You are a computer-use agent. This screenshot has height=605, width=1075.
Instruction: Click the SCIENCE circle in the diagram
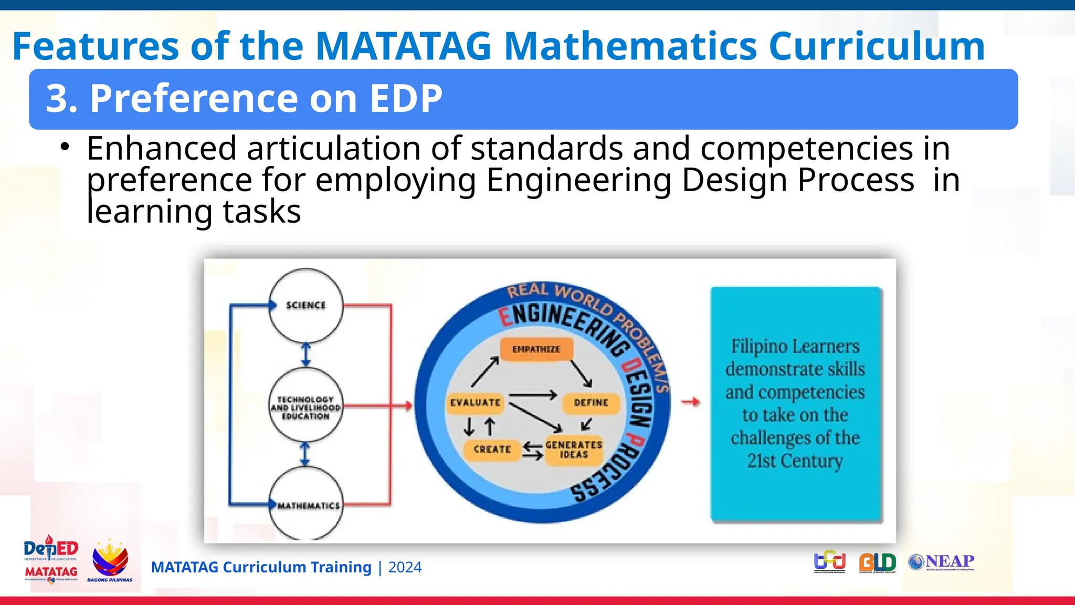(x=305, y=306)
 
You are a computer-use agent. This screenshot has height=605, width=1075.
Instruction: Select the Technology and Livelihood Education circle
(x=305, y=405)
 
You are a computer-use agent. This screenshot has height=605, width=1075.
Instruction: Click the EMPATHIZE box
(x=536, y=349)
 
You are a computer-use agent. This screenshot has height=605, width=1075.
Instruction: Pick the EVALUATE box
(x=475, y=403)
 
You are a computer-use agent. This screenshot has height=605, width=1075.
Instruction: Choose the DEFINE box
(x=591, y=403)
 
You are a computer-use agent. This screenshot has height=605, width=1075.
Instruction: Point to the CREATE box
(x=492, y=450)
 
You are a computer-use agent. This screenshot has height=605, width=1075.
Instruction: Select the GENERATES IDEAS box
(x=574, y=450)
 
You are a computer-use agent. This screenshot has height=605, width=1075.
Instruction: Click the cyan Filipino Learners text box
(x=796, y=403)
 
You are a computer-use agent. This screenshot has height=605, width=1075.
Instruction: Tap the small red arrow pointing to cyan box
(x=691, y=402)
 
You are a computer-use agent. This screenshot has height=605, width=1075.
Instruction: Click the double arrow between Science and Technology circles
(x=306, y=354)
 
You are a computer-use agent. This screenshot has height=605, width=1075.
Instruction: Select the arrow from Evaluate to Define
(x=532, y=395)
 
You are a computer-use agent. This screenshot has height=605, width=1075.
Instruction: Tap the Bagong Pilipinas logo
(x=110, y=561)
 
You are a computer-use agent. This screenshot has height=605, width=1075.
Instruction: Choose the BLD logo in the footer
(x=877, y=562)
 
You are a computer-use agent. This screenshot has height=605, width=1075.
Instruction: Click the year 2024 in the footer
(x=405, y=567)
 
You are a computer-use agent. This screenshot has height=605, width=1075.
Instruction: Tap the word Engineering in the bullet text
(x=578, y=180)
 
